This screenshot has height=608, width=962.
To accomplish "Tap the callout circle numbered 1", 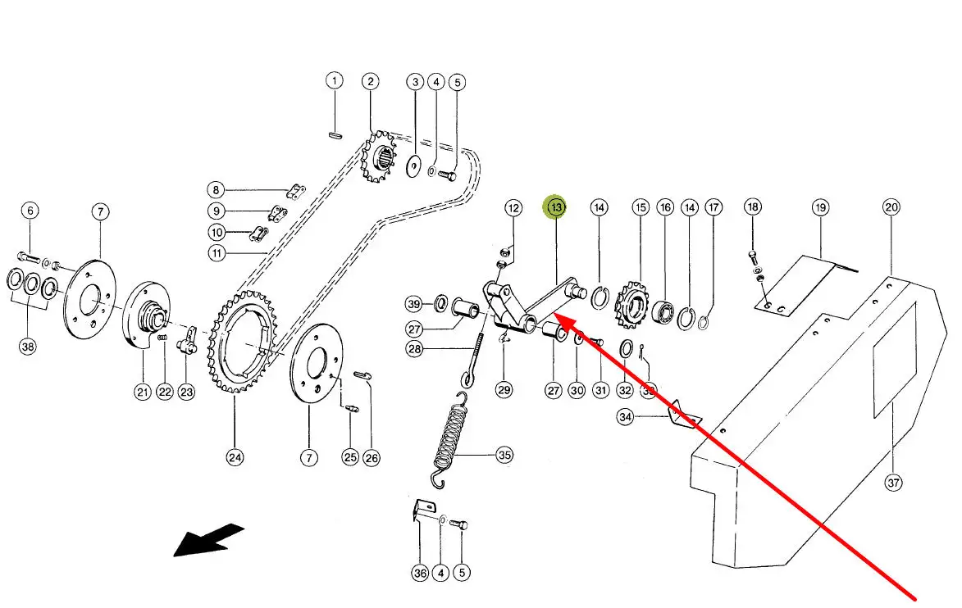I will tap(334, 80).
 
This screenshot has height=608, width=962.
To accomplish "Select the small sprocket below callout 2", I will tap(378, 160).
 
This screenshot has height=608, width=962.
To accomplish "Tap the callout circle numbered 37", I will tap(893, 483).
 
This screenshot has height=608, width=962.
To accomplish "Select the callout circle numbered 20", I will tap(892, 207).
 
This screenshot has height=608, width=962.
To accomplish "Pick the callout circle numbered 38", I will tap(29, 346).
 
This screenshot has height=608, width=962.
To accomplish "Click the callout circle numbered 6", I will tap(30, 211).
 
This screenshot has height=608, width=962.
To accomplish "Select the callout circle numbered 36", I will tap(420, 574).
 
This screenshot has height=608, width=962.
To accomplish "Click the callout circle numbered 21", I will tap(143, 392).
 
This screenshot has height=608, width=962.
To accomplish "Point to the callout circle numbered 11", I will tap(217, 253).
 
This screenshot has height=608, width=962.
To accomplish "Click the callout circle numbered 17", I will tap(714, 208).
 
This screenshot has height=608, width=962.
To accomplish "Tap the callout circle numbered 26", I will tap(372, 458).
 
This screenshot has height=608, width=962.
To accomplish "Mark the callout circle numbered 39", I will tap(416, 305).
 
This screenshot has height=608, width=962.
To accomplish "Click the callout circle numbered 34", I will tap(626, 417).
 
